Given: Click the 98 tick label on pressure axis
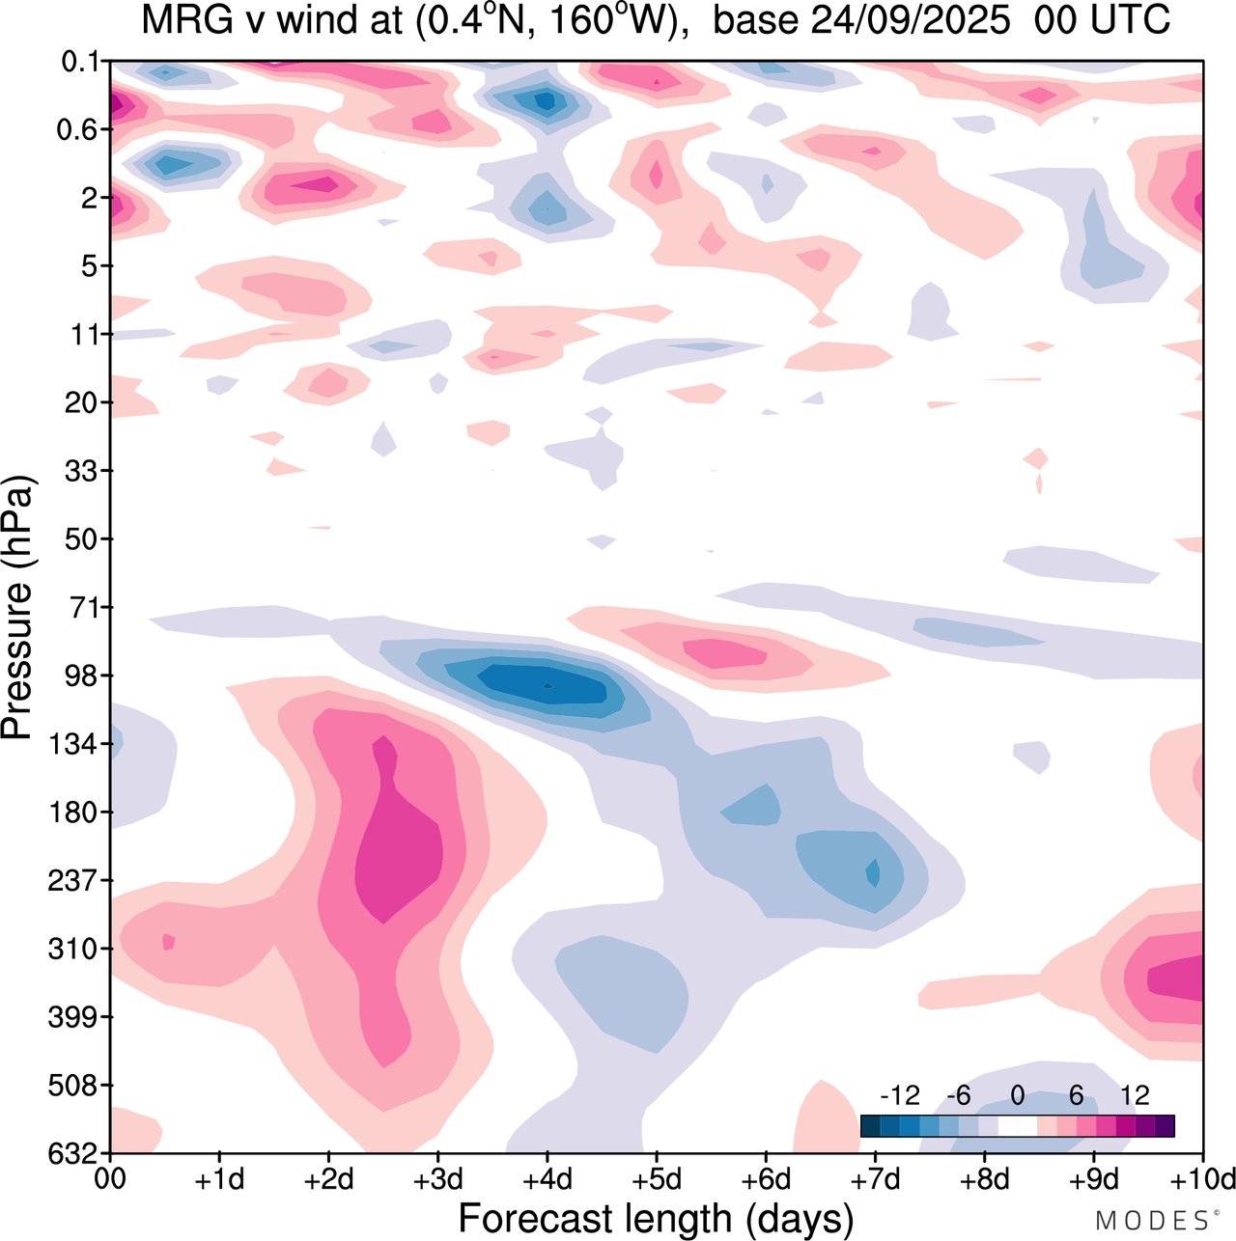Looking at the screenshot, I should coord(81,676).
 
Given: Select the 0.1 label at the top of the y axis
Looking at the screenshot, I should coord(81,63).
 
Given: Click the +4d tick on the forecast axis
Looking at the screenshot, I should coord(547,1179).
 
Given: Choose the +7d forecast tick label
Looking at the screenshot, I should coord(875,1179).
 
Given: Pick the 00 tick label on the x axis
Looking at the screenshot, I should coord(110,1179).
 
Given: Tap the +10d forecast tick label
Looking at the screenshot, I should coord(1202,1179).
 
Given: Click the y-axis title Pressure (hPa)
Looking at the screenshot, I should coord(17,608).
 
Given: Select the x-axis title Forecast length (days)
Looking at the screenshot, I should coord(656,1218).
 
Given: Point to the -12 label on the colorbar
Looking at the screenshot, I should coord(900,1095).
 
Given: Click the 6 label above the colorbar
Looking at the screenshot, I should coord(1076,1095).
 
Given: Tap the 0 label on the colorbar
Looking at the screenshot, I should coord(1018,1095).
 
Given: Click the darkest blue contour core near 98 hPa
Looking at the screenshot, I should coord(548,686).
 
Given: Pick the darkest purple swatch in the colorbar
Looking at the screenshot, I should coord(1165,1125).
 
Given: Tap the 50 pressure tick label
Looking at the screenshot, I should coord(81,538).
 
